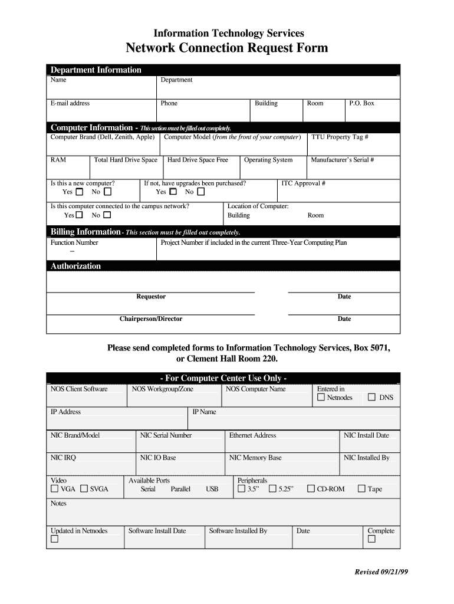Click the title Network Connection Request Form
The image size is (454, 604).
[227, 48]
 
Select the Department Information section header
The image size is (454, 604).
[96, 70]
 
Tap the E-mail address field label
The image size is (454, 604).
[70, 103]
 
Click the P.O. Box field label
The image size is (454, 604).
[361, 103]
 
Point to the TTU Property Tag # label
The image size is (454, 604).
[340, 137]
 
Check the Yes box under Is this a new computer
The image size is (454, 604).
[80, 192]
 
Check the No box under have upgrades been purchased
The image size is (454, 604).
[201, 192]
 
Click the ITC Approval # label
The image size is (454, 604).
[303, 183]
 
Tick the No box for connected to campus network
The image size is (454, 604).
[107, 215]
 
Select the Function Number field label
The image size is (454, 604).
[74, 242]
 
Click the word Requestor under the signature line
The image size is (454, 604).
[151, 297]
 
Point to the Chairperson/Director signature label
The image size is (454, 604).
[151, 319]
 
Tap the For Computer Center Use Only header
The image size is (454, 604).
[223, 378]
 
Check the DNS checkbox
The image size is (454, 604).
[371, 398]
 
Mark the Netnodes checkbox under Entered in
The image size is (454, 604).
[321, 398]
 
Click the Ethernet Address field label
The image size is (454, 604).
[252, 435]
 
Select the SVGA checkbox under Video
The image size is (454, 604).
[84, 489]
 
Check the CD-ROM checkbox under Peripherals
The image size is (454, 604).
[311, 489]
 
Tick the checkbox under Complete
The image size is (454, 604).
[371, 539]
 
